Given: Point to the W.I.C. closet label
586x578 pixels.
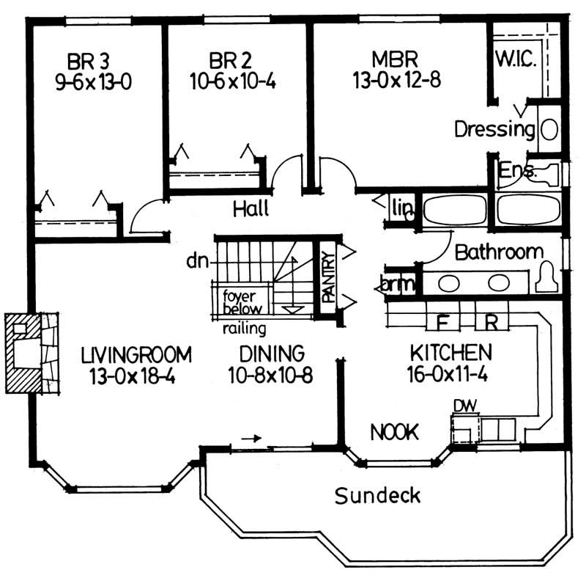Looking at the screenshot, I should click(516, 59).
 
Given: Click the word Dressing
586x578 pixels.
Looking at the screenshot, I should click(494, 130).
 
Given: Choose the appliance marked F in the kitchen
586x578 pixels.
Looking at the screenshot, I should click(442, 321).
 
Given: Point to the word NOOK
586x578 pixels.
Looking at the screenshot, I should click(394, 433).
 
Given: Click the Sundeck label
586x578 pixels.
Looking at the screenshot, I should click(378, 495).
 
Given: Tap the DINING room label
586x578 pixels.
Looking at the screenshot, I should click(266, 354).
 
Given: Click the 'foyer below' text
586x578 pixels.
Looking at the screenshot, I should click(241, 303).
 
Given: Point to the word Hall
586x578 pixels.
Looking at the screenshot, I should click(251, 208).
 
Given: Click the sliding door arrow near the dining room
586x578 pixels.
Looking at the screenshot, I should click(251, 439).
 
